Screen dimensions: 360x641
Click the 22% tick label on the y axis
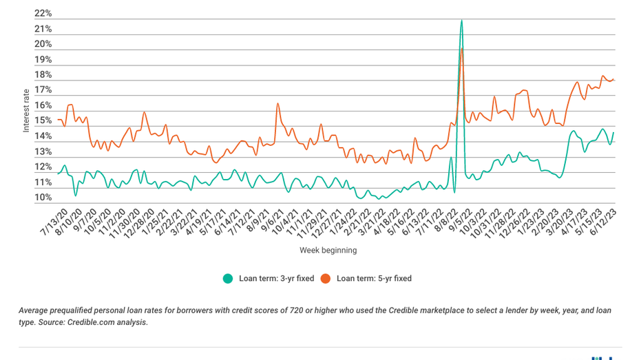(43, 14)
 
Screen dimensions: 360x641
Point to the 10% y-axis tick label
(43, 198)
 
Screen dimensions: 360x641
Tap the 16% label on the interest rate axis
(43, 106)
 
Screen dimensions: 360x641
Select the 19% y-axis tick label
(43, 60)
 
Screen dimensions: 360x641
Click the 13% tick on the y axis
(43, 152)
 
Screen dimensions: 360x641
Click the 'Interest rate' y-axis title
(26, 110)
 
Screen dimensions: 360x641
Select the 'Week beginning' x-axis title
(328, 251)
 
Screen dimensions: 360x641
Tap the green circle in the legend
(227, 279)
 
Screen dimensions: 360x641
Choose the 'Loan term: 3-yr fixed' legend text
(276, 279)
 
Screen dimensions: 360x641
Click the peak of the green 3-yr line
(461, 21)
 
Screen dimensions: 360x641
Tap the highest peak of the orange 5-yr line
(462, 49)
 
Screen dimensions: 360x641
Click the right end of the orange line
(614, 80)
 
